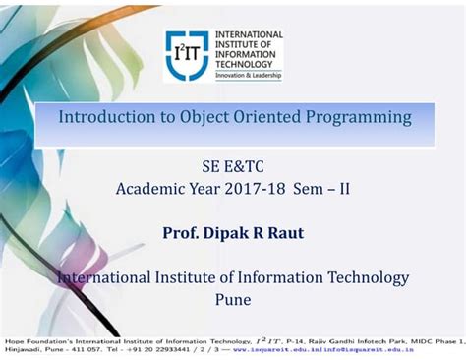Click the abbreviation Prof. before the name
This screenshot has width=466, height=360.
[x=183, y=232]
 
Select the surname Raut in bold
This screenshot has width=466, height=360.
[x=286, y=232]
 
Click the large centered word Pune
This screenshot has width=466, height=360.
[x=233, y=299]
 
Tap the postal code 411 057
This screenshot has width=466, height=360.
[x=79, y=348]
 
